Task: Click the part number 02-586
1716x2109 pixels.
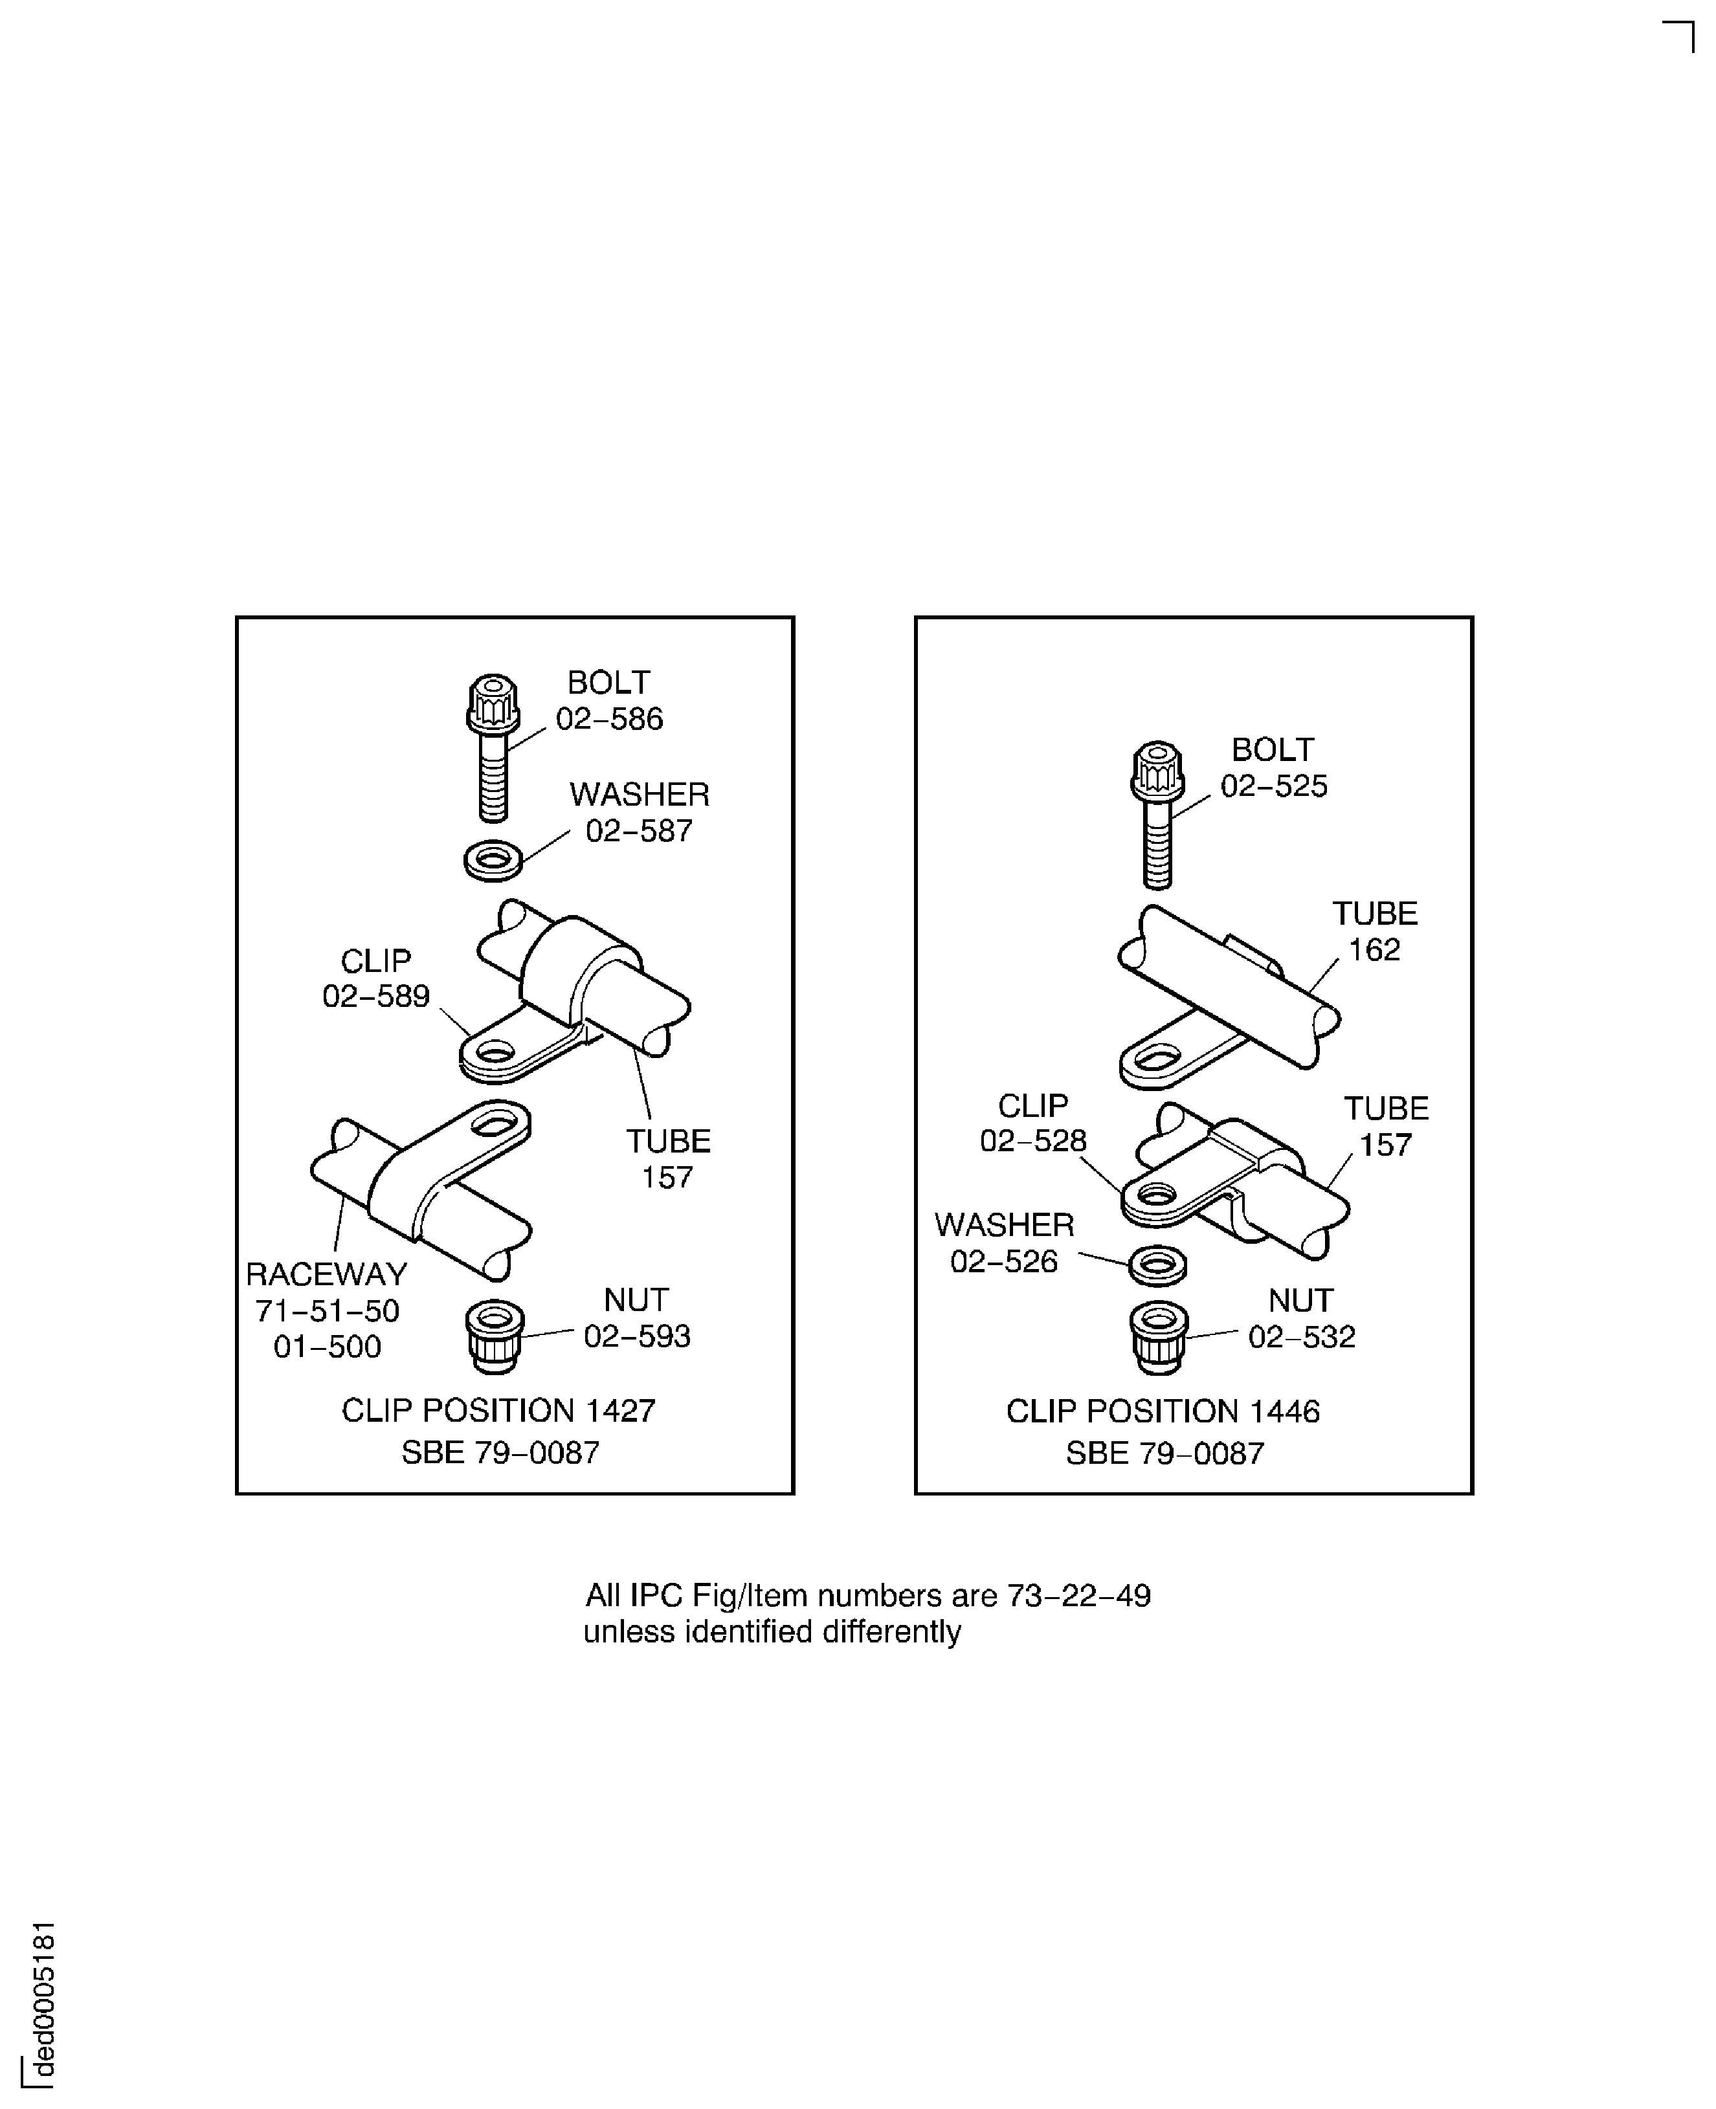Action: (x=609, y=718)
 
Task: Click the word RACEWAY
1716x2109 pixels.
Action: (x=326, y=1274)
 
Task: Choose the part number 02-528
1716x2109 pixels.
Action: (x=1033, y=1140)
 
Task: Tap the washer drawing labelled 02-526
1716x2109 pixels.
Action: (x=1157, y=1265)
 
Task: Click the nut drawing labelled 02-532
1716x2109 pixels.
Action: (x=1159, y=1336)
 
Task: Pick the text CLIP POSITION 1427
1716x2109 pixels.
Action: (x=498, y=1410)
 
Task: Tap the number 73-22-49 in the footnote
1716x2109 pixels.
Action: (x=1078, y=1595)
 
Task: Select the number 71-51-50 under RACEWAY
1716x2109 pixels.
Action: (x=327, y=1310)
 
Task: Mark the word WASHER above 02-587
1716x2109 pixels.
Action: (x=640, y=795)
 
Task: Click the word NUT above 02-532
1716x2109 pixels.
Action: (x=1301, y=1301)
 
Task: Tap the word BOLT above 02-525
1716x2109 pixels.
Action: (x=1272, y=749)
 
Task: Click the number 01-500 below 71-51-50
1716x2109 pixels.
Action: (x=327, y=1346)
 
